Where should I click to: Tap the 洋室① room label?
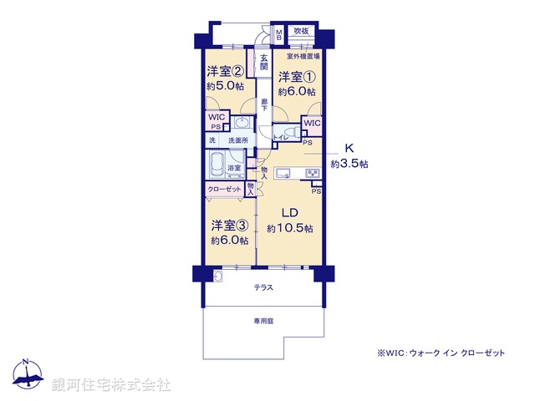pos(298,78)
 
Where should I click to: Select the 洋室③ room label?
pos(229,226)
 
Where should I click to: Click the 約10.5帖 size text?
pos(289,228)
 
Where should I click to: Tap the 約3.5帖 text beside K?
pos(349,164)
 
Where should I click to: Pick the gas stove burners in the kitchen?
pos(313,173)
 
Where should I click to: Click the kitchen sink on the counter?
pos(283,174)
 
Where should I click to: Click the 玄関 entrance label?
pos(263,61)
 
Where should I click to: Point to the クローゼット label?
pos(225,190)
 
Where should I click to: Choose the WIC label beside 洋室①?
pos(311,124)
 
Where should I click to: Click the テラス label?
pos(263,287)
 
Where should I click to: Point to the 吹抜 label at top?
pos(299,32)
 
